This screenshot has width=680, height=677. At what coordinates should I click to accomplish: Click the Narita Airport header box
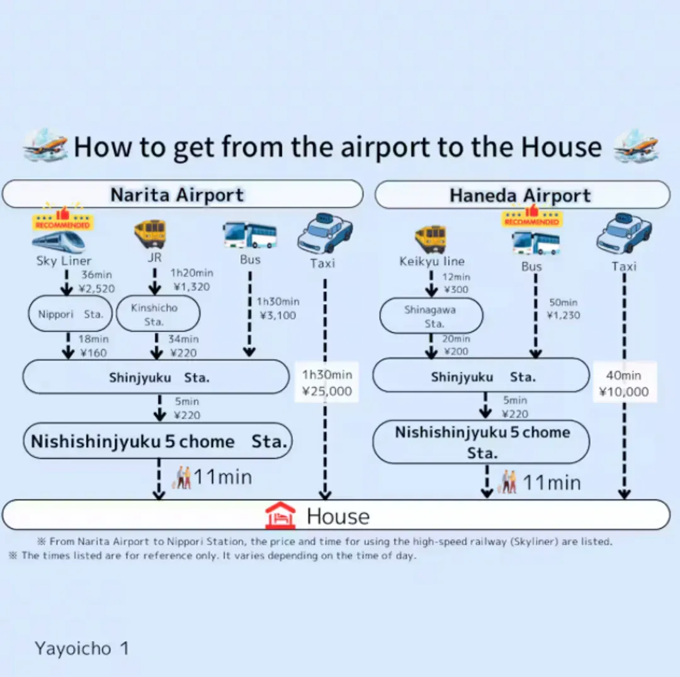(183, 194)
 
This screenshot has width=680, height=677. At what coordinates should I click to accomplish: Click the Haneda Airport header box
(523, 195)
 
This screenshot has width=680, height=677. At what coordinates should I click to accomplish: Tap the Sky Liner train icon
(59, 242)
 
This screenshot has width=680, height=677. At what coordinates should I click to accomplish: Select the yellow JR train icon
(150, 233)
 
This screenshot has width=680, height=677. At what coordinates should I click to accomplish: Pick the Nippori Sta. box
(71, 314)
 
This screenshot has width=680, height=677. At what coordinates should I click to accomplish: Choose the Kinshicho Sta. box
(158, 314)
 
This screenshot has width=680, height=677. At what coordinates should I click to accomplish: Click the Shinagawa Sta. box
(431, 316)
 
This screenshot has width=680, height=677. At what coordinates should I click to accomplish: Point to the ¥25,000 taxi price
(327, 391)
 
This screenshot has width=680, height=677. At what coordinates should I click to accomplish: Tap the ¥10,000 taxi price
(623, 392)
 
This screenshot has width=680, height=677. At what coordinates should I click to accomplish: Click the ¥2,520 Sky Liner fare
(97, 288)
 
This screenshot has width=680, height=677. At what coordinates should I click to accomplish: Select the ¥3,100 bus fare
(278, 316)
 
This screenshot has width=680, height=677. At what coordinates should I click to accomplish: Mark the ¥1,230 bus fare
(564, 315)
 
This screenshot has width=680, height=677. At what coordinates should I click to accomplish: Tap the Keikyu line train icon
(431, 239)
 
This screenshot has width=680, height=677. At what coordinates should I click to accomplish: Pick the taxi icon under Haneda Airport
(624, 234)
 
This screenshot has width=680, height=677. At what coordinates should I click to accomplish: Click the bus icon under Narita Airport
(250, 235)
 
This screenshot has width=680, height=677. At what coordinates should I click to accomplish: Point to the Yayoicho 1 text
(81, 649)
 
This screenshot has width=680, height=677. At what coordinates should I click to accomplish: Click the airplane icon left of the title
(45, 145)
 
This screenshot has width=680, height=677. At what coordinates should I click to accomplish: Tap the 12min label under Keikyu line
(456, 276)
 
